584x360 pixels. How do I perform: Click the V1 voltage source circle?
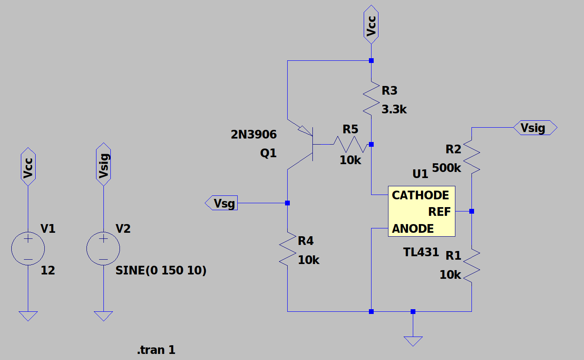[28, 248]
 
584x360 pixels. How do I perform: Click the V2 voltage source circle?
[103, 248]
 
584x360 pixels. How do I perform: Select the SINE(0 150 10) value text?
[161, 271]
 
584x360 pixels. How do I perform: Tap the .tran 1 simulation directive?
[156, 350]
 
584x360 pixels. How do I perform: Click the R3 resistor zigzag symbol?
[371, 98]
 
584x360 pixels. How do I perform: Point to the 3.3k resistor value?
[394, 109]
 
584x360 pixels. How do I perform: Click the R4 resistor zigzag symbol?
[287, 249]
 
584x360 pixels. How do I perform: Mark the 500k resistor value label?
[447, 168]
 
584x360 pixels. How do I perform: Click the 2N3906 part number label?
[254, 135]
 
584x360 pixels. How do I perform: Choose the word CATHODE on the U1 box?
[420, 195]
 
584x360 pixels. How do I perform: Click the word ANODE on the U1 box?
[413, 228]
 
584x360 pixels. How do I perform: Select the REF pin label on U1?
[439, 211]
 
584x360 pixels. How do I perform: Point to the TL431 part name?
[421, 252]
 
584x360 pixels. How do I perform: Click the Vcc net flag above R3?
[371, 24]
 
